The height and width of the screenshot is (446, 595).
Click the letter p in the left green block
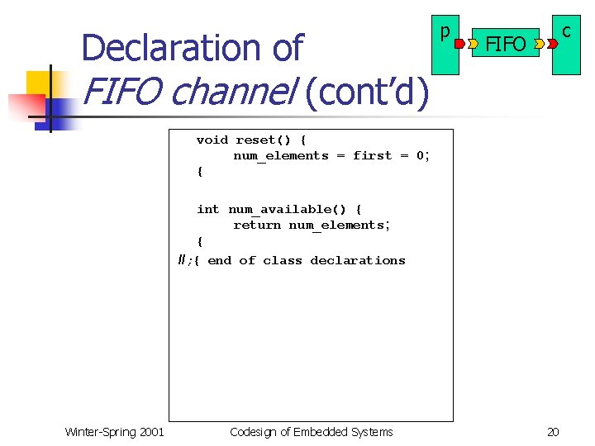point(445,32)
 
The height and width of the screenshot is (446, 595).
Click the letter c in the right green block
point(566,31)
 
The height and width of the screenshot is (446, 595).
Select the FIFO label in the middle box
point(505,44)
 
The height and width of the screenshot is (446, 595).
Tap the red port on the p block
point(459,39)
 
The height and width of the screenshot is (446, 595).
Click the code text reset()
point(263,140)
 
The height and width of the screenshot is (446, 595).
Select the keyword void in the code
point(212,140)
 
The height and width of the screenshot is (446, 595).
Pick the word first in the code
point(372,155)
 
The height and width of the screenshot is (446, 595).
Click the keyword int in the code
point(207,209)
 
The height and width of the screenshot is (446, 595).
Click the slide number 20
point(554,431)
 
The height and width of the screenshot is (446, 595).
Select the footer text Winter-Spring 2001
point(114,431)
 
